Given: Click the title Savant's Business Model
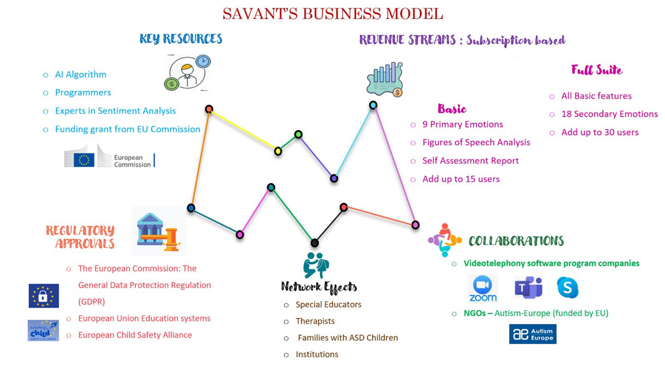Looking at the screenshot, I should point(332,13).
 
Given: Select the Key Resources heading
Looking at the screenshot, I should point(181,39).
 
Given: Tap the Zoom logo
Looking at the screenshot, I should point(483,289).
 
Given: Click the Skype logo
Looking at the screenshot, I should point(567,288).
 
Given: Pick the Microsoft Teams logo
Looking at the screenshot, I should point(528,288).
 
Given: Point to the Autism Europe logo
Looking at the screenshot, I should point(533,334).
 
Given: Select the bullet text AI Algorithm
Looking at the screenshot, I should point(80,74).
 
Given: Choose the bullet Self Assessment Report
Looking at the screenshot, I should point(470,161).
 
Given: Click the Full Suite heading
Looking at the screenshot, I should point(596,70).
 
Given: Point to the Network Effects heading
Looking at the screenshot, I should point(319,286).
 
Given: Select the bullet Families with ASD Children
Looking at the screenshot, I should point(347,337).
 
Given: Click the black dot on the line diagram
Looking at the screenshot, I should point(315,243).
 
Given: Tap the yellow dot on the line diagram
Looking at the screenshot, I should point(278,151).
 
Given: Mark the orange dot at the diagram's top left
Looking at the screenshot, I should point(209,109).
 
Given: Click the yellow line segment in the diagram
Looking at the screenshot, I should point(244,130).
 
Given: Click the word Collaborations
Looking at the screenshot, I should point(516,241).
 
